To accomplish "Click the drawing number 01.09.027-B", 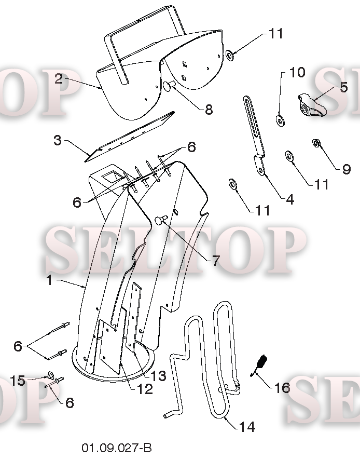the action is click(117, 448).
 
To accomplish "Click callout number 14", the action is click(247, 427).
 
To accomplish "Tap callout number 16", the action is click(282, 388).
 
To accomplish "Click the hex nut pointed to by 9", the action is click(316, 143).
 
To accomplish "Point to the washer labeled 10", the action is click(281, 120).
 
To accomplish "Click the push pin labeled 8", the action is click(169, 86).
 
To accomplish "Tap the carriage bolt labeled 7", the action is click(161, 219).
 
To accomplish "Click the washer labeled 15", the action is click(50, 375).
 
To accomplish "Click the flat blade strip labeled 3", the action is click(129, 137).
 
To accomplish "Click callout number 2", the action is click(59, 78).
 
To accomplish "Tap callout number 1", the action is click(50, 280).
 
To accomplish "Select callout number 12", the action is click(145, 389).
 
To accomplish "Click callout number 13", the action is click(158, 376).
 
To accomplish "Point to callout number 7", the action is click(215, 261).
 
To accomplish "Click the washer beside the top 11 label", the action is click(230, 55).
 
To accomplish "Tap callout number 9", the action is click(346, 169).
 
